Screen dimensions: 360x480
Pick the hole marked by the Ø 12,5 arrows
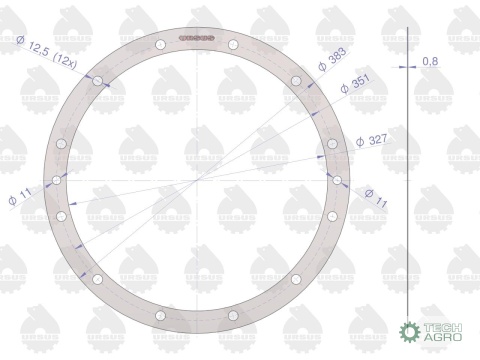tap(99, 81)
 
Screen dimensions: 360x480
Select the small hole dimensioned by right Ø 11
tap(339, 180)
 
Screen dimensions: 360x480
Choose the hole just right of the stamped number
tap(231, 44)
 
